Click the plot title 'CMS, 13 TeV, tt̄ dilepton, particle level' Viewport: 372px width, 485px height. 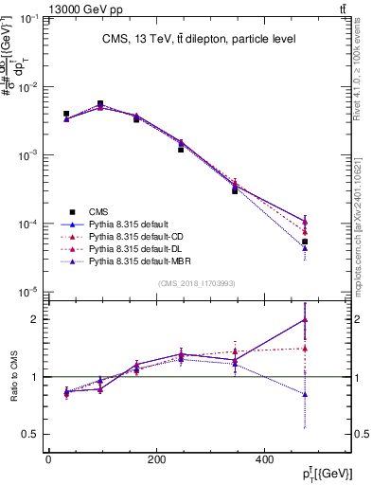tap(200, 39)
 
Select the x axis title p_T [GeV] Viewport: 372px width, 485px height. tap(328, 474)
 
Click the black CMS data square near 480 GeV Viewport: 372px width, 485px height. tap(305, 242)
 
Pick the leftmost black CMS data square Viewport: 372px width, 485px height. tap(66, 114)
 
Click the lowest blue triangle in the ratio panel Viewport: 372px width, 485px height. tap(305, 394)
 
